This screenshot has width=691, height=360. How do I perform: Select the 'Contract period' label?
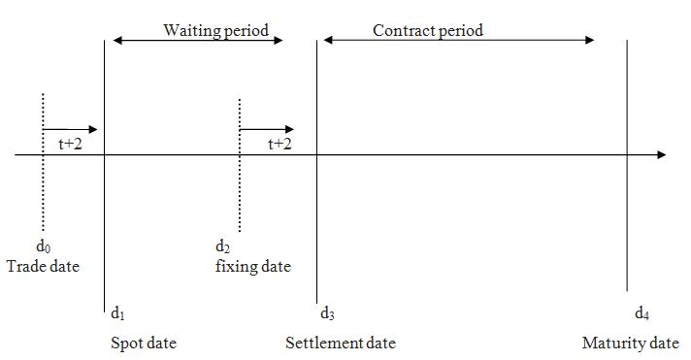pyautogui.click(x=428, y=30)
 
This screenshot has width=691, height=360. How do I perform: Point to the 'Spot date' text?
pyautogui.click(x=144, y=344)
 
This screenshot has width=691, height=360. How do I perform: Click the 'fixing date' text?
pyautogui.click(x=252, y=266)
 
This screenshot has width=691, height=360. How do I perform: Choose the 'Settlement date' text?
pyautogui.click(x=341, y=344)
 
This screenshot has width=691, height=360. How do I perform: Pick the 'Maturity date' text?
pyautogui.click(x=630, y=344)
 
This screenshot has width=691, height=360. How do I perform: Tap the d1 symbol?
pyautogui.click(x=117, y=312)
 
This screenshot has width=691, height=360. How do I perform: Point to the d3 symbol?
pyautogui.click(x=327, y=312)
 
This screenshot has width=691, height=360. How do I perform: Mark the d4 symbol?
pyautogui.click(x=642, y=312)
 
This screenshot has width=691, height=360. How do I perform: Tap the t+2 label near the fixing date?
pyautogui.click(x=280, y=144)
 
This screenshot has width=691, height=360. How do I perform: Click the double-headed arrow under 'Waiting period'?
pyautogui.click(x=198, y=41)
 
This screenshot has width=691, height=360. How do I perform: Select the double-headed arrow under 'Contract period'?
pyautogui.click(x=459, y=41)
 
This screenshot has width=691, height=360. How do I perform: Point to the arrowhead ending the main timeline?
pyautogui.click(x=661, y=155)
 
